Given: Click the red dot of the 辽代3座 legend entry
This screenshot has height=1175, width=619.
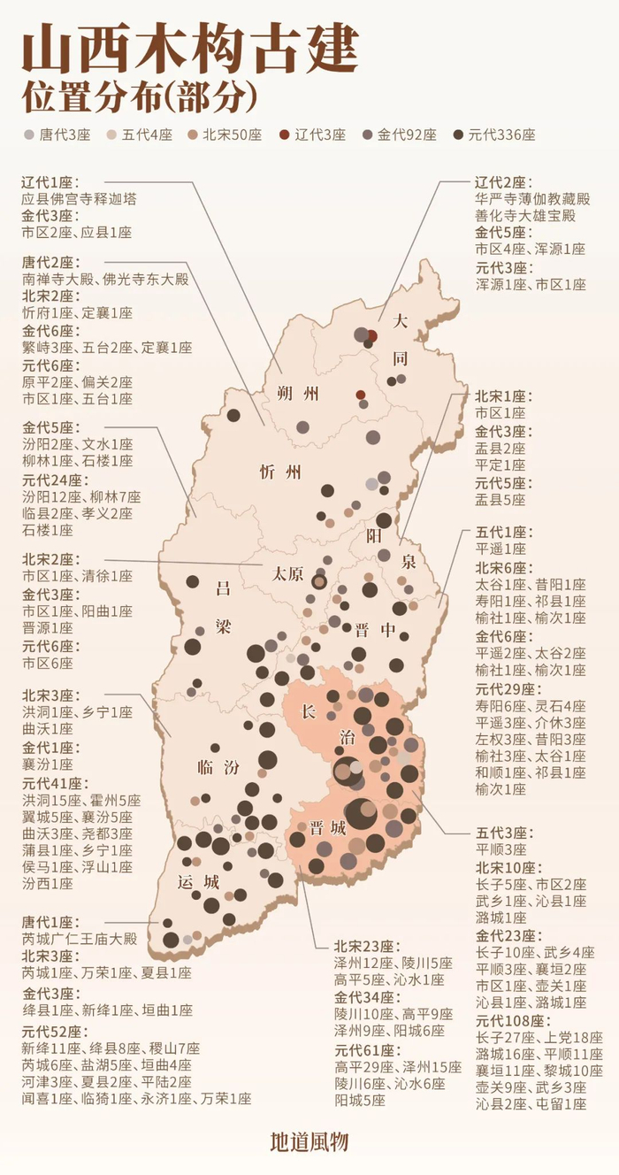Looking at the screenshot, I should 284,135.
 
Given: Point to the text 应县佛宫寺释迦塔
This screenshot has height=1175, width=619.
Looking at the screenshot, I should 79,199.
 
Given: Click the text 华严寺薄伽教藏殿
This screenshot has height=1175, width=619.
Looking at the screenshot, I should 531,199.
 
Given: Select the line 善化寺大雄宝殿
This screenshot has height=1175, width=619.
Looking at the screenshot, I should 525,216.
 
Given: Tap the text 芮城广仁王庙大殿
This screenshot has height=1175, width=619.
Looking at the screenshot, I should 79,939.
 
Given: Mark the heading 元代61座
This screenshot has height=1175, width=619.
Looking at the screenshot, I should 364,1050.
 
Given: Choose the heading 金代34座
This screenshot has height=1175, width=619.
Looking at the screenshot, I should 364,997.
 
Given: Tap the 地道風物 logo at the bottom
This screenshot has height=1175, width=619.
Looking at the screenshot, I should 309,1142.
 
